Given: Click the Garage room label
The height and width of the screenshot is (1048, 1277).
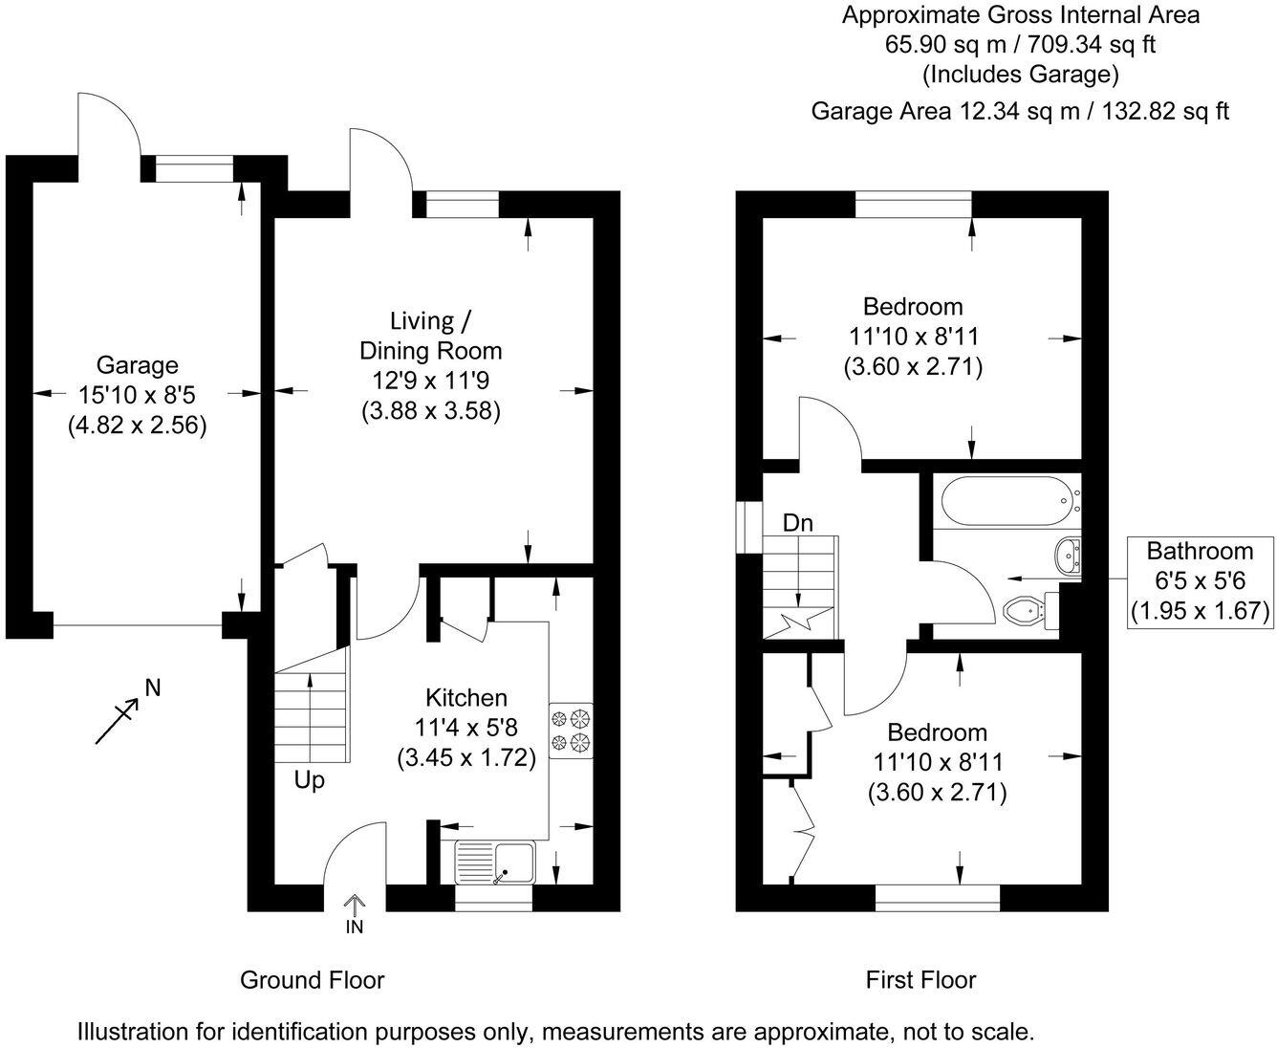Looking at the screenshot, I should pos(137,365).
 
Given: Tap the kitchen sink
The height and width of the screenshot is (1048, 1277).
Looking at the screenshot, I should pos(495,862).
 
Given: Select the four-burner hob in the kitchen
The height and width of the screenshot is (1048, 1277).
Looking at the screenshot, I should pos(571,731).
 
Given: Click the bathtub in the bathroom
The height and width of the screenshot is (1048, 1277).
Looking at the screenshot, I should pos(1009,501).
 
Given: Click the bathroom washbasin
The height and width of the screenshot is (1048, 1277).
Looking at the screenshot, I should pos(1069,554).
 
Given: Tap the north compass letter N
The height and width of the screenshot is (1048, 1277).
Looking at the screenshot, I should pos(152,687).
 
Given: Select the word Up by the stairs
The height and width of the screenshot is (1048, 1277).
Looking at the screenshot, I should pos(309,780).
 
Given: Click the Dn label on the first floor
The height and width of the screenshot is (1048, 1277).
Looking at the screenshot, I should pos(797,523).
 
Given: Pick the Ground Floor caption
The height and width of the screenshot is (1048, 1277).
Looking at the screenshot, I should pos(312,979).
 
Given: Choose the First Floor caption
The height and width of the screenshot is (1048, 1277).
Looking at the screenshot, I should pos(920,979).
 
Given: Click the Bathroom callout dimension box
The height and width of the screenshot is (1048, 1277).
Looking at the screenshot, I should pos(1200,580).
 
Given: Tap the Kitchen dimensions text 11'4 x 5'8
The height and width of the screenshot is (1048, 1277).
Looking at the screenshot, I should pos(465,728).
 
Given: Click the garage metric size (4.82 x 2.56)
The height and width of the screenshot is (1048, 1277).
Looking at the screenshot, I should pos(137,425).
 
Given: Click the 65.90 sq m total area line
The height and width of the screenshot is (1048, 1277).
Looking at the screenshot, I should pos(1020,44).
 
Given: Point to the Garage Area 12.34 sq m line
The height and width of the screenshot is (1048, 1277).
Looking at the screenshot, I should pos(1020,111).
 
